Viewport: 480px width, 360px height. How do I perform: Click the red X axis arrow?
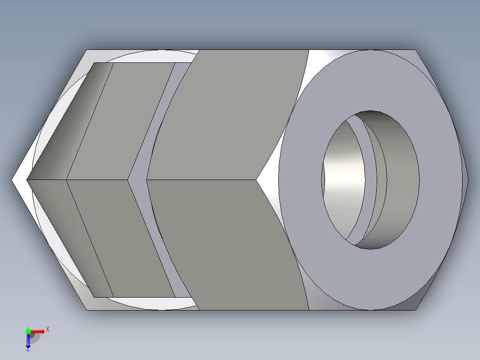coord(38,331)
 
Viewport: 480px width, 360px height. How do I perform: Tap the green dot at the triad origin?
coord(28,331)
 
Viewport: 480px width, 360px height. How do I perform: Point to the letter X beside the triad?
coord(47,329)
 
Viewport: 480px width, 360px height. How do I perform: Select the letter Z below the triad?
coord(28,350)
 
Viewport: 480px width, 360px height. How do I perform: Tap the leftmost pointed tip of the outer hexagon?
coord(12,180)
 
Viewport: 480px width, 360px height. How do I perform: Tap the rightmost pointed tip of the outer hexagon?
coord(468,180)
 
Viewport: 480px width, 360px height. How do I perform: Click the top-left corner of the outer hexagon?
coord(86,50)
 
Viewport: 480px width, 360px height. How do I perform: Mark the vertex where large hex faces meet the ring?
coord(256,180)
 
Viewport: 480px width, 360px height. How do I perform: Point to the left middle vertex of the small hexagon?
coord(27,180)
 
